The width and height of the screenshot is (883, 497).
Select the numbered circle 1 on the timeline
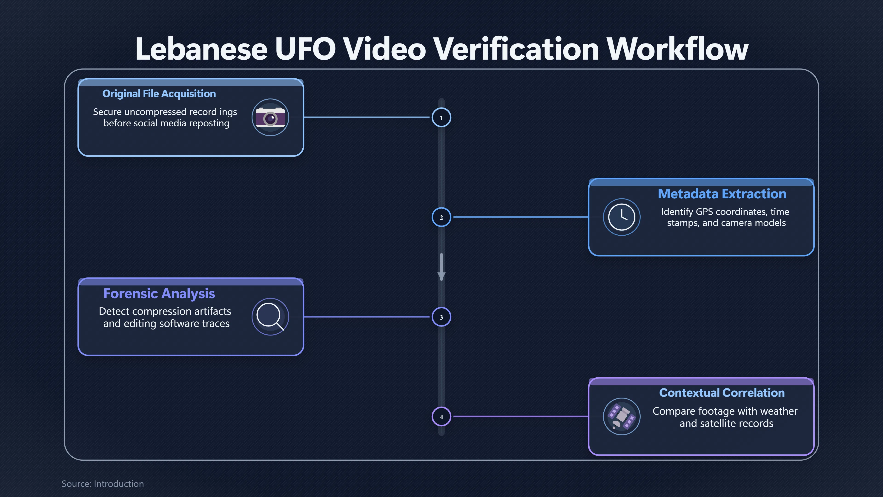(x=441, y=117)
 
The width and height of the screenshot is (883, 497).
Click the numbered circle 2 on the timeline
(x=441, y=217)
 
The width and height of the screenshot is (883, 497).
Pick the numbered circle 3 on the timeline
(x=441, y=317)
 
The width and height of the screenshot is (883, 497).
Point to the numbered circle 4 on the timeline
(x=441, y=417)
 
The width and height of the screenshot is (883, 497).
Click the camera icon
(x=270, y=117)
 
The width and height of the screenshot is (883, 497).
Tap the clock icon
(x=622, y=217)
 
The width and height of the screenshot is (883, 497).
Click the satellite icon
(x=622, y=416)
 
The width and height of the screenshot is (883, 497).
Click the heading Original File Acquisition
(x=159, y=94)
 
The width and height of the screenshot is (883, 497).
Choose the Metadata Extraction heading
(x=722, y=194)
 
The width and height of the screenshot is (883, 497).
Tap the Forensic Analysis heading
(x=159, y=294)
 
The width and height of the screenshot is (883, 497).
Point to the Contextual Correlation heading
(x=722, y=393)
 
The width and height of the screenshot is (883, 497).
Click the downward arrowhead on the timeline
(x=441, y=276)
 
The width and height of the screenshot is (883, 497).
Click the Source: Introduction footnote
(x=103, y=484)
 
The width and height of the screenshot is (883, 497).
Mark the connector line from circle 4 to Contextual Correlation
(x=521, y=417)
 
